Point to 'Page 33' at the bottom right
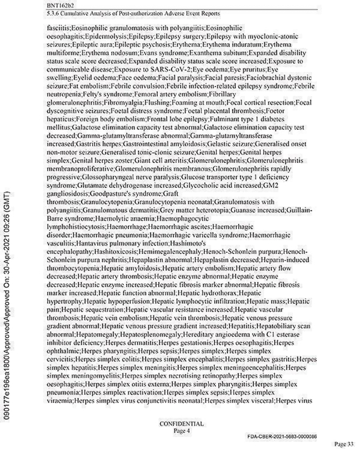(346, 443)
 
